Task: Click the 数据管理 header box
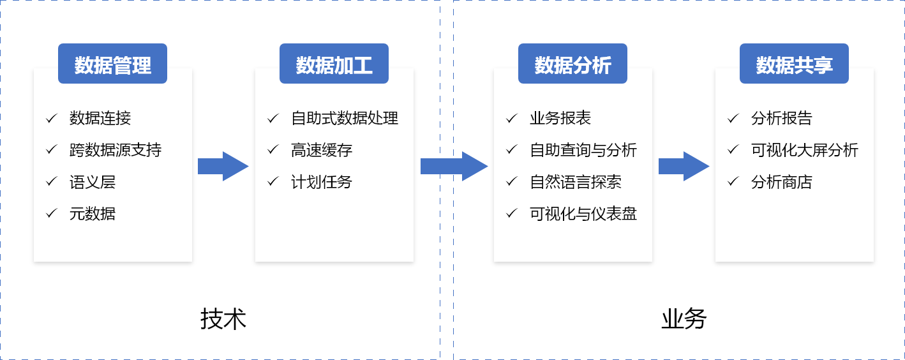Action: (112, 64)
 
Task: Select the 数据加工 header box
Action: (334, 64)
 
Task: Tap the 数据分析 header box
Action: (572, 64)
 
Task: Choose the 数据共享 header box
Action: (794, 64)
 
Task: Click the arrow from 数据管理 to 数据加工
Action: (223, 167)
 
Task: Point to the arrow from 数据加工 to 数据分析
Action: (454, 167)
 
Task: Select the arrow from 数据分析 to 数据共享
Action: (684, 167)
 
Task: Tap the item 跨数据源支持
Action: (116, 150)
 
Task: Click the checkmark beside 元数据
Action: (52, 214)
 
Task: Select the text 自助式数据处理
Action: (345, 118)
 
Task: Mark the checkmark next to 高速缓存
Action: (273, 150)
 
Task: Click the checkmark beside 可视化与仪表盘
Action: (512, 214)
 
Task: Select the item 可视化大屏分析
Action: (805, 150)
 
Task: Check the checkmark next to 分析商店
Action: (733, 182)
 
